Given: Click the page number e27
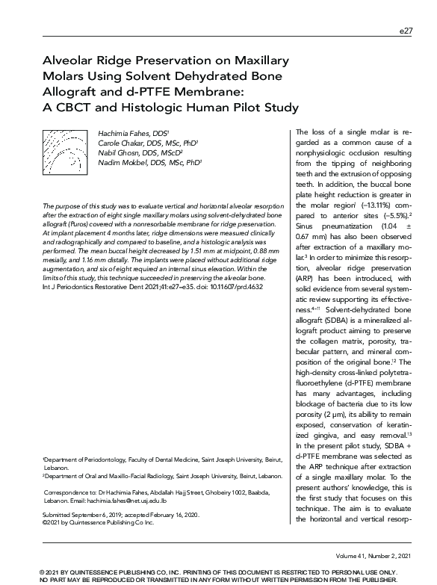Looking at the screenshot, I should click(406, 31).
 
